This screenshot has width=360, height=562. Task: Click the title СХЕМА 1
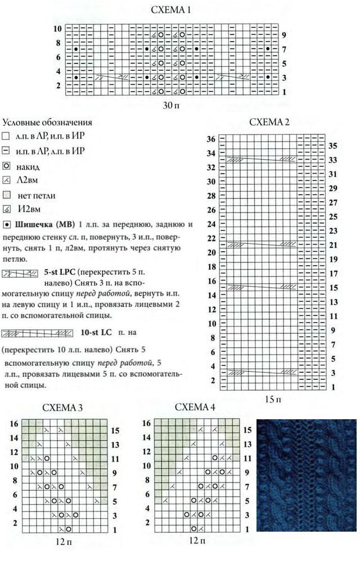172,10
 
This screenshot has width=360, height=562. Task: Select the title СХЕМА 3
63,408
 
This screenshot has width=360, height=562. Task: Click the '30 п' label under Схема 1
171,104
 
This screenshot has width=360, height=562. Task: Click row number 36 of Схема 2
211,139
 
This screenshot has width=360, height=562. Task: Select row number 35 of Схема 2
332,146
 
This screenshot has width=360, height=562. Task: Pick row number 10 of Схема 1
58,28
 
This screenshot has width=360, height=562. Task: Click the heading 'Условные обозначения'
47,123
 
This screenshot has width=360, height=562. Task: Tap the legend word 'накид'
28,167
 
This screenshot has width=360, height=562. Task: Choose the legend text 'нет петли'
34,196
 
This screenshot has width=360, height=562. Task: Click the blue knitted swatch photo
306,475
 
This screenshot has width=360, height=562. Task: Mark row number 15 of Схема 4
246,430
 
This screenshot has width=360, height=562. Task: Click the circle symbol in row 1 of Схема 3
69,529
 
